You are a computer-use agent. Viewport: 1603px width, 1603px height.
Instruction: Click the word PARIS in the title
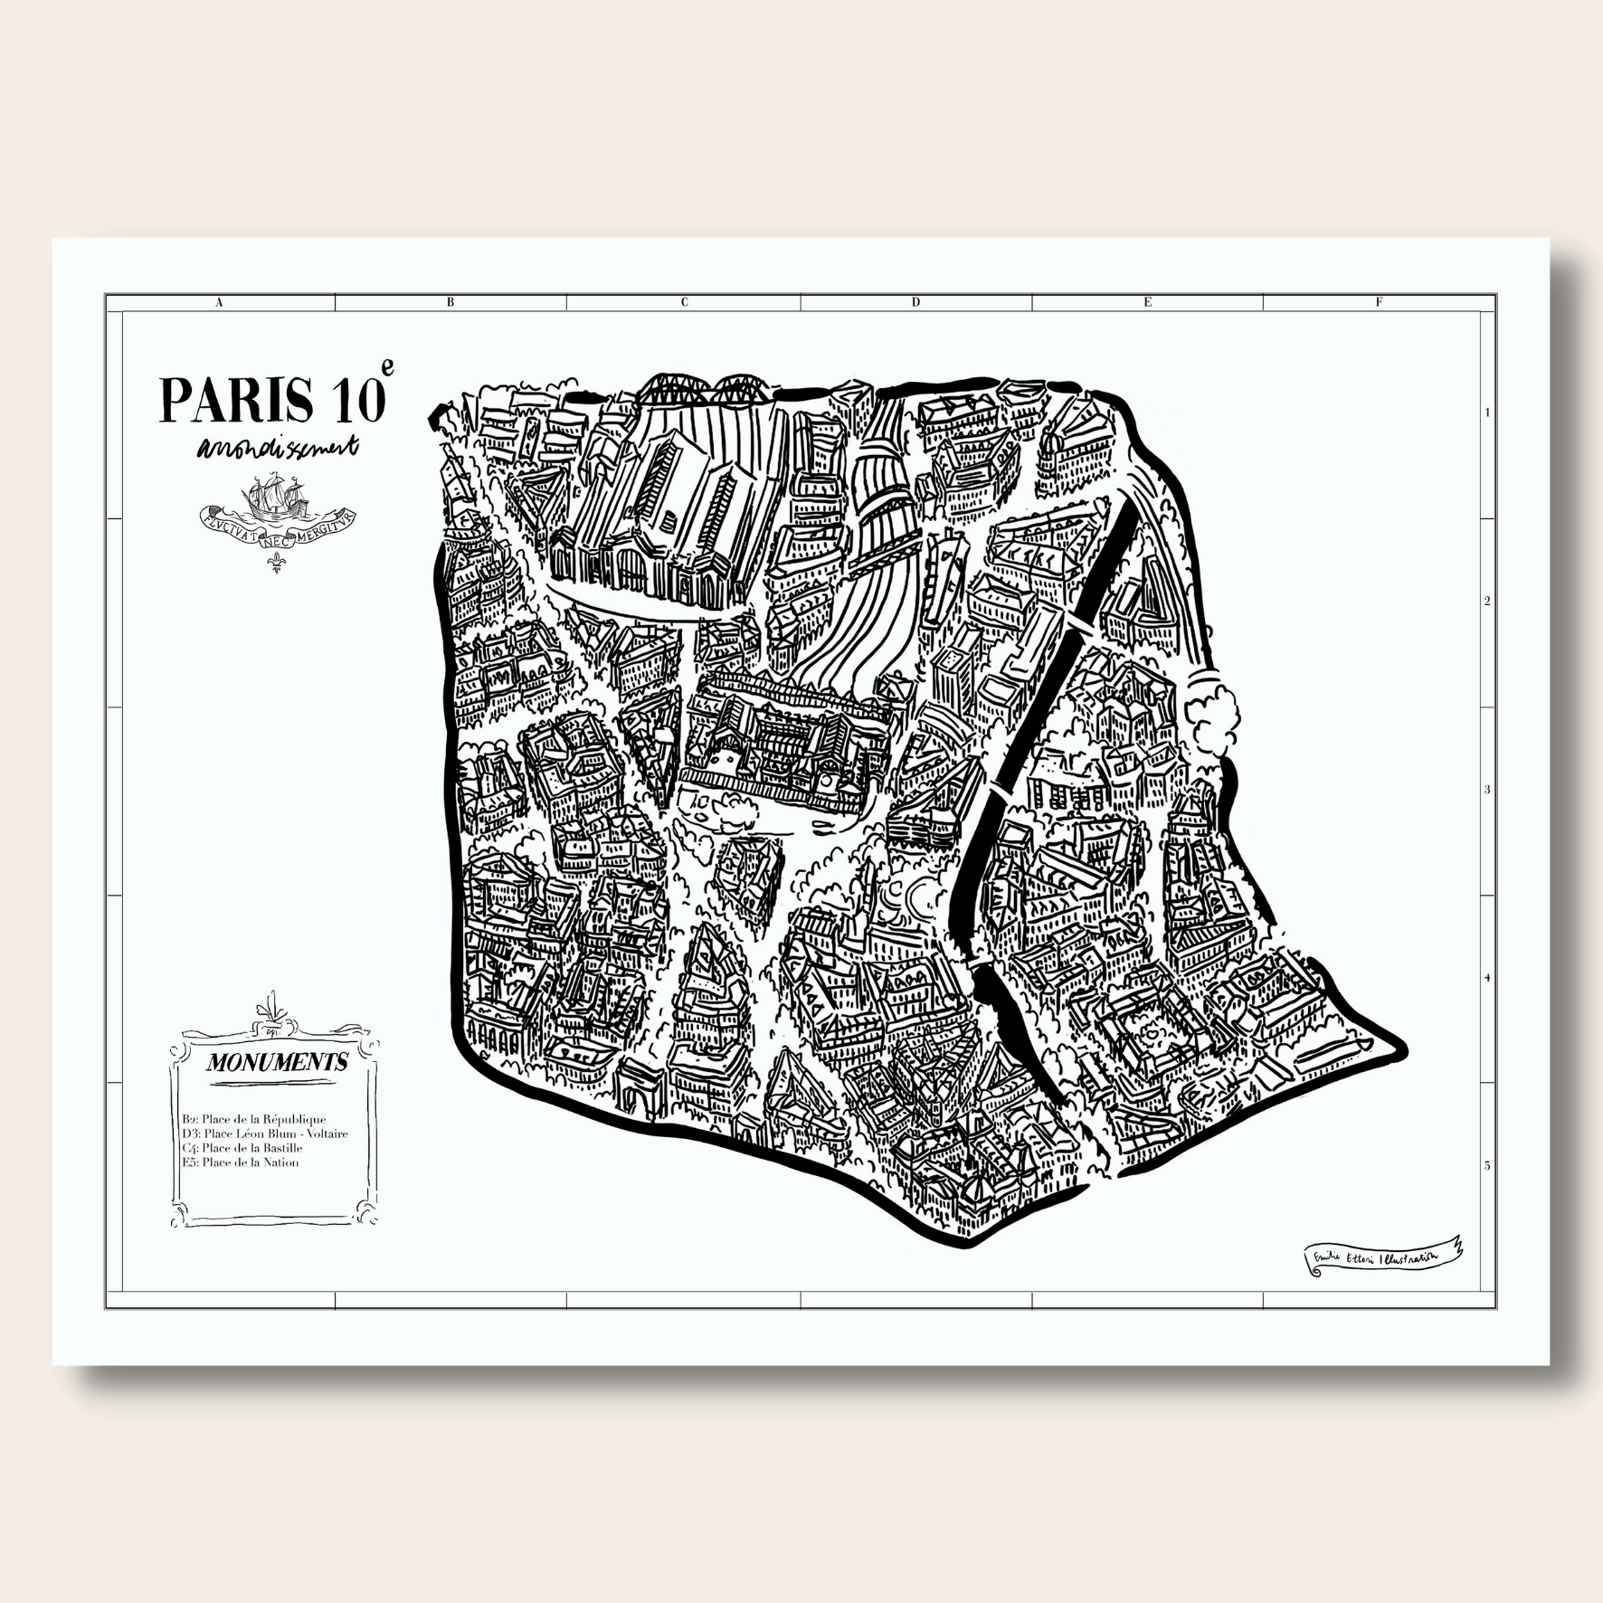click(236, 399)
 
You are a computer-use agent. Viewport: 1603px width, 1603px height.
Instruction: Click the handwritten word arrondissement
click(280, 449)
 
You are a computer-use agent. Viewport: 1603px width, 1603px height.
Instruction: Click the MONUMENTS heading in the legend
click(276, 1062)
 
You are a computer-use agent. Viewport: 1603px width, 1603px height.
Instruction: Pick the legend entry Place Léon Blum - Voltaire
click(264, 1133)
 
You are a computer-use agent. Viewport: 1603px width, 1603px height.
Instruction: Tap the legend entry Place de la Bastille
click(242, 1148)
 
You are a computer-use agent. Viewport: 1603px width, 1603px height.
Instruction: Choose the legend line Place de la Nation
click(240, 1162)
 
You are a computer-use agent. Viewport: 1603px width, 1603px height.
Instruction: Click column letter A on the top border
click(220, 303)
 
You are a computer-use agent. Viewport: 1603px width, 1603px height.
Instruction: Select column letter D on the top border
click(915, 303)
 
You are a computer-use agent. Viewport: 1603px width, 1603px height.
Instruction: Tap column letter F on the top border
click(1379, 303)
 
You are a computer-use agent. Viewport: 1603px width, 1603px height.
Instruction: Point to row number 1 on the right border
click(1487, 413)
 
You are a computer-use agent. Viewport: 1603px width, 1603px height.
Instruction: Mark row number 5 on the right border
click(1487, 1166)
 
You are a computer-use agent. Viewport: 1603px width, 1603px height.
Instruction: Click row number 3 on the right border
click(1487, 789)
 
